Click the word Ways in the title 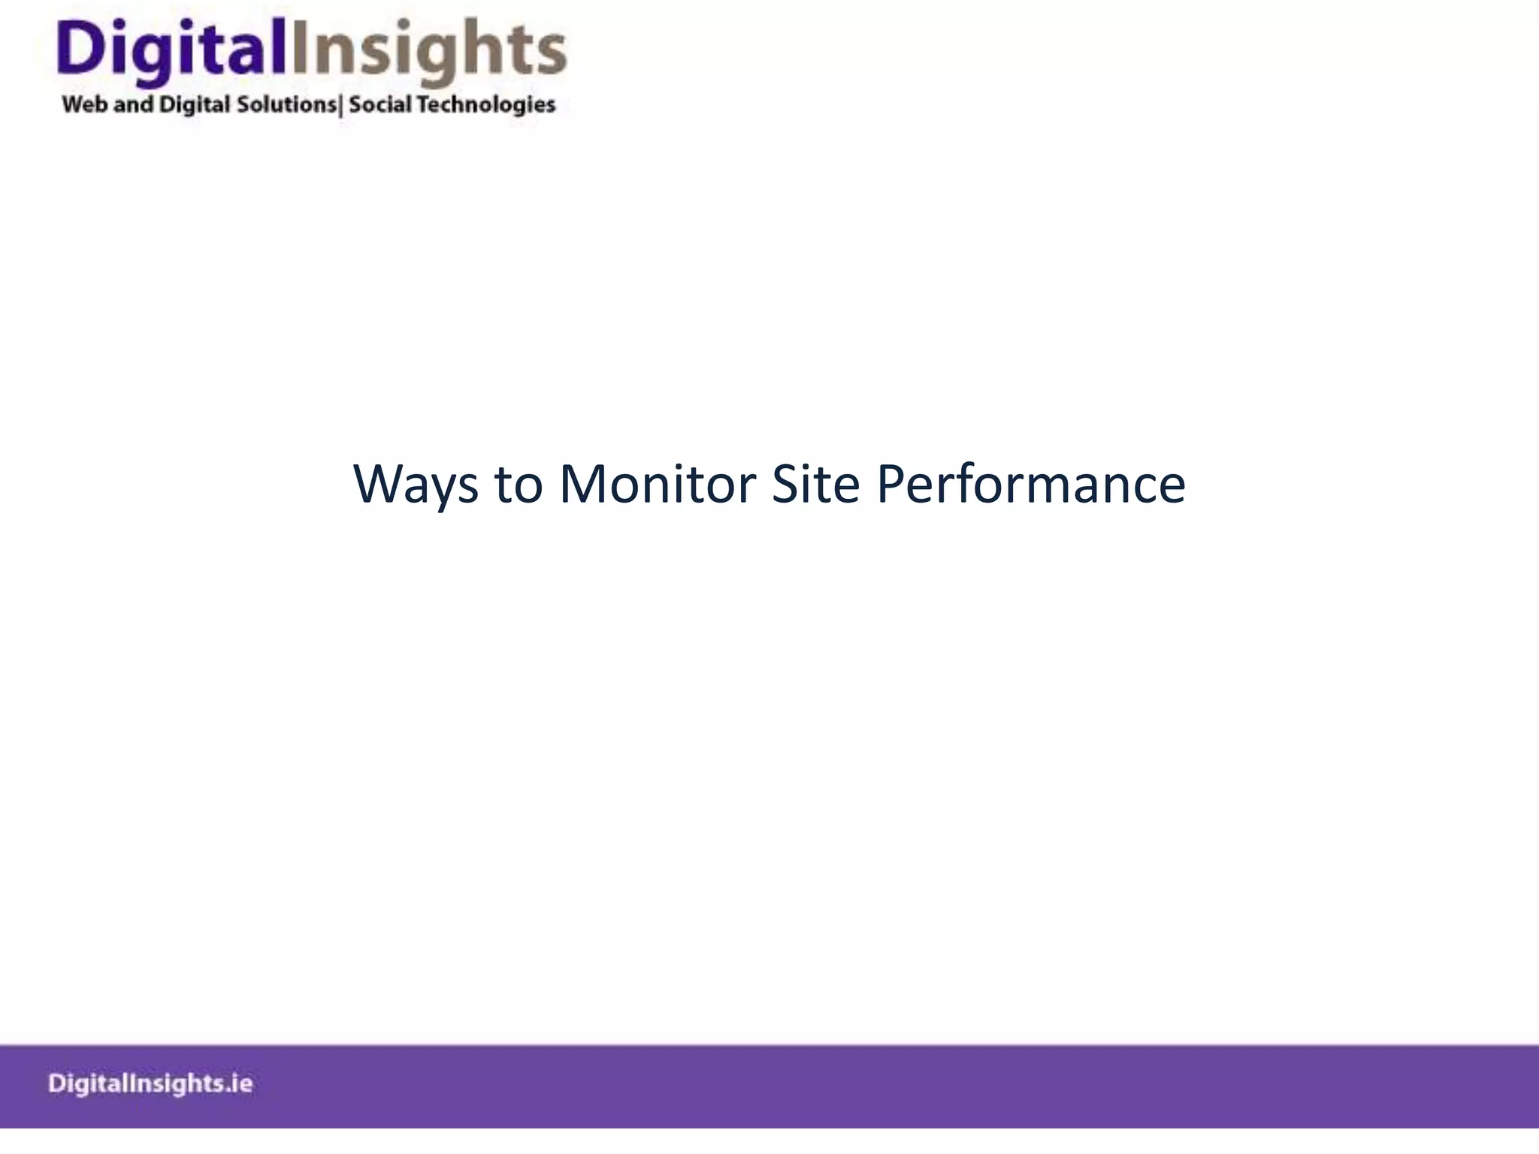(416, 485)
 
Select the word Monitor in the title (658, 485)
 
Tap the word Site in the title (815, 485)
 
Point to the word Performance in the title (1031, 485)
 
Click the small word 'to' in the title (519, 485)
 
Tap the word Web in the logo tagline (84, 104)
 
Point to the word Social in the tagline (379, 104)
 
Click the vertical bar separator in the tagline (341, 105)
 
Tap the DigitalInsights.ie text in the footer (150, 1083)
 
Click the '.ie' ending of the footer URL (238, 1083)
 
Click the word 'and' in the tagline (133, 104)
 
